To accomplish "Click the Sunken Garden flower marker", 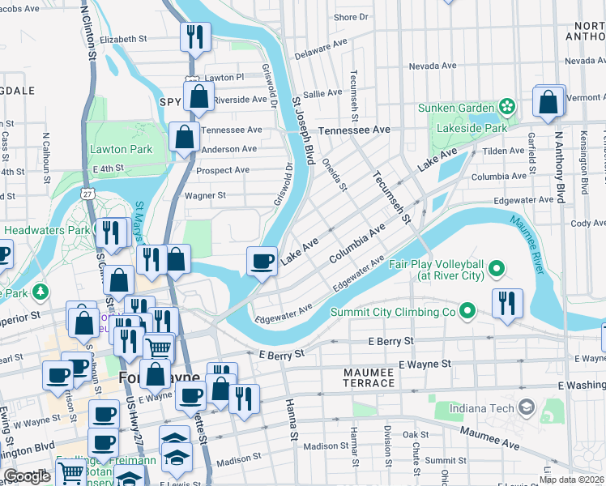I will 507,107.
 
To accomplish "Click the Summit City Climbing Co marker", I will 467,311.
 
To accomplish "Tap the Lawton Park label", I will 122,149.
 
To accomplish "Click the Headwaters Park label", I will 45,230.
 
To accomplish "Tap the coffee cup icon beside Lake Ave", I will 262,261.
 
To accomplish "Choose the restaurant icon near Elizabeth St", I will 195,36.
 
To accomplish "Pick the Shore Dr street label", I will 351,17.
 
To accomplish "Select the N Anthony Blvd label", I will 559,166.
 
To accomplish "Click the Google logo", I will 27,476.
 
